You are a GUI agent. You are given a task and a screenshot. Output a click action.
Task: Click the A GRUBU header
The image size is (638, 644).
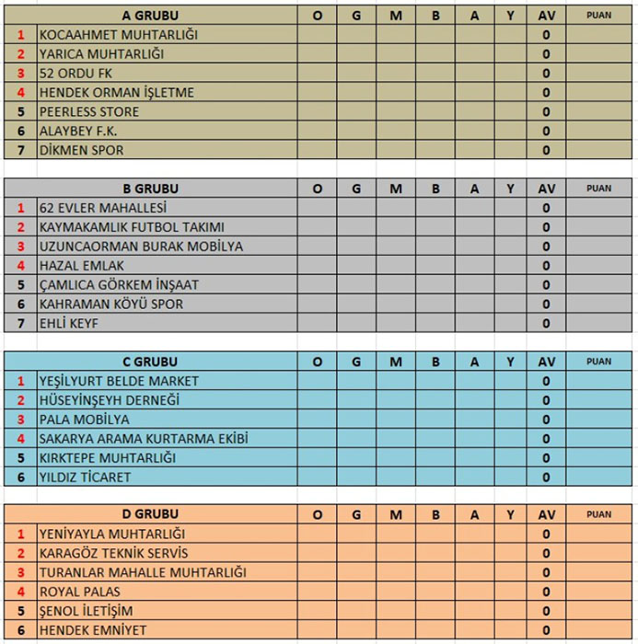(x=150, y=16)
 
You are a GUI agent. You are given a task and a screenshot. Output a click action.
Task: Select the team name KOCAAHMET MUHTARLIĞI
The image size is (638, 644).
(x=118, y=35)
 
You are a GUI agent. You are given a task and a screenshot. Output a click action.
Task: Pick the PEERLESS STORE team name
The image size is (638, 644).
(x=89, y=112)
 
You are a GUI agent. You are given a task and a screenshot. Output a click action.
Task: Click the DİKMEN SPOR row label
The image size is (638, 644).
(x=81, y=151)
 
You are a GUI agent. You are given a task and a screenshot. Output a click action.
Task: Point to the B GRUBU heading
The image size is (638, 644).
(x=150, y=189)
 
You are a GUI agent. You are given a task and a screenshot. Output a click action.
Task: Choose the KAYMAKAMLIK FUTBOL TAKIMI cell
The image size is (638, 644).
(x=132, y=227)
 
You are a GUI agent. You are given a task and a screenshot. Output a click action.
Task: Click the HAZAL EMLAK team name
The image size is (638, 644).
(x=81, y=266)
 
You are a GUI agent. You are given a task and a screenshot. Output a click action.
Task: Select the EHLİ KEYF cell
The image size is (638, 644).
(x=68, y=324)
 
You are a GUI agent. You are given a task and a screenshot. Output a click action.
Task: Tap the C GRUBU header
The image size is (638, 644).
(x=150, y=362)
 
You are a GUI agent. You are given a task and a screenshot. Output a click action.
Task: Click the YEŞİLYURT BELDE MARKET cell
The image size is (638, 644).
(x=119, y=381)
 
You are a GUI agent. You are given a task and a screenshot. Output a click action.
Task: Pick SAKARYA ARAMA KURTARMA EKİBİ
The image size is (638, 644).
(x=143, y=439)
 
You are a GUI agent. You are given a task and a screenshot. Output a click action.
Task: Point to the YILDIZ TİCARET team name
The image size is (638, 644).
(x=85, y=477)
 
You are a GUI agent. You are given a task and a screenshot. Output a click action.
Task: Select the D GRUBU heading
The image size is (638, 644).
(x=150, y=514)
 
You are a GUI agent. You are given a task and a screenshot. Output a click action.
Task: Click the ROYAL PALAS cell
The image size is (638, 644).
(x=80, y=592)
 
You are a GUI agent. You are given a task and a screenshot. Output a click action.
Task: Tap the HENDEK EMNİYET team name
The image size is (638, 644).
(x=93, y=630)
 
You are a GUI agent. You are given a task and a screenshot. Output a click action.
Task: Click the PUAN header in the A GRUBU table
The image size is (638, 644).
(x=598, y=16)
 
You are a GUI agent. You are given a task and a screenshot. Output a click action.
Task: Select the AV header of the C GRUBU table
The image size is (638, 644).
(x=546, y=362)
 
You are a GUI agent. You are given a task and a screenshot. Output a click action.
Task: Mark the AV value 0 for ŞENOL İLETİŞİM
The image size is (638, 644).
(x=546, y=611)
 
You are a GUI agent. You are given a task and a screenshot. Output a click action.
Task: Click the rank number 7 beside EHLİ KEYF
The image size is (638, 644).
(x=20, y=324)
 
